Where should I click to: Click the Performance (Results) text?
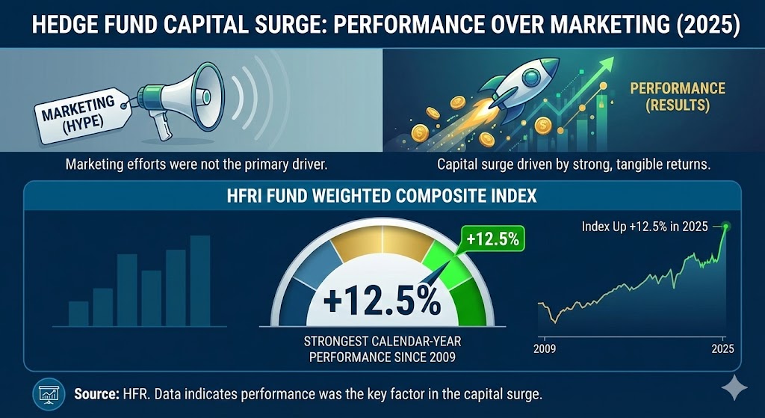pyautogui.click(x=677, y=96)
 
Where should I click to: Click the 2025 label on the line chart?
pyautogui.click(x=722, y=348)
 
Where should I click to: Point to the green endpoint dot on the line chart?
pyautogui.click(x=726, y=225)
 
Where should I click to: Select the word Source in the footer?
pyautogui.click(x=95, y=392)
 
